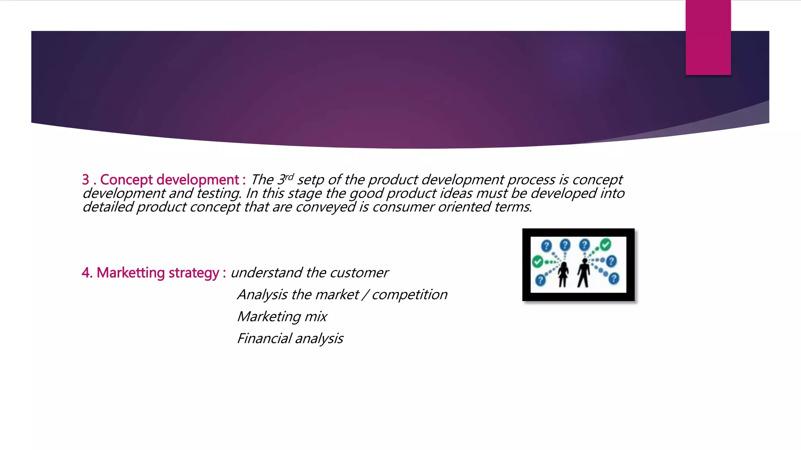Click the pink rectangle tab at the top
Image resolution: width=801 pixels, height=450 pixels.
click(x=708, y=37)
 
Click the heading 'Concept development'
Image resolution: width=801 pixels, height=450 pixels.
click(x=169, y=180)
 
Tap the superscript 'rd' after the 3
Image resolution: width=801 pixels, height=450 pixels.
click(x=289, y=177)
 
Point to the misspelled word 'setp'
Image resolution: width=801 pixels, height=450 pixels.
click(x=311, y=180)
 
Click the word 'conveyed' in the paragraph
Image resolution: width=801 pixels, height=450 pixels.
click(x=325, y=207)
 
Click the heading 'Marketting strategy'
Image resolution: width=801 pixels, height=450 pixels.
click(x=158, y=273)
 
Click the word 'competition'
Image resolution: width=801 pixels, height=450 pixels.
click(x=409, y=295)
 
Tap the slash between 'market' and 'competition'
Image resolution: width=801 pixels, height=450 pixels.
click(x=365, y=295)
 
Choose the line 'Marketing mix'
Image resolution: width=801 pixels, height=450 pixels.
click(x=282, y=316)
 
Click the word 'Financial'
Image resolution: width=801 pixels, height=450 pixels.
click(x=264, y=338)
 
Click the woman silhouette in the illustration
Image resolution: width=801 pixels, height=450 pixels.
click(x=563, y=273)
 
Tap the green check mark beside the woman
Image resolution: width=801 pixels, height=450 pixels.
click(x=537, y=261)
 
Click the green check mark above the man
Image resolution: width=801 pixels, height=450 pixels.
click(x=605, y=245)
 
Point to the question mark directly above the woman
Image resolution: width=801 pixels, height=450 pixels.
click(x=565, y=245)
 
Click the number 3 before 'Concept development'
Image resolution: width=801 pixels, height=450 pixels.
click(x=85, y=180)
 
